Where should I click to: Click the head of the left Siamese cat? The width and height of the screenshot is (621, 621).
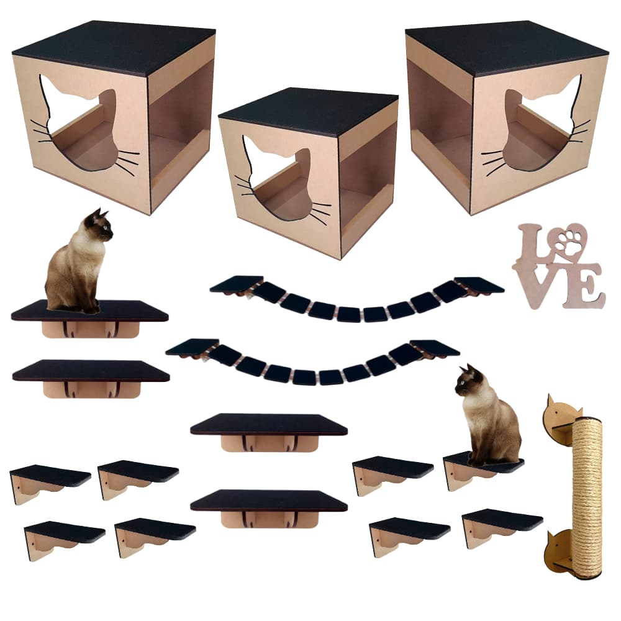[99, 225]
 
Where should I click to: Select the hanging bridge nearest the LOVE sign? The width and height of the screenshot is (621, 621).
[357, 301]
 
